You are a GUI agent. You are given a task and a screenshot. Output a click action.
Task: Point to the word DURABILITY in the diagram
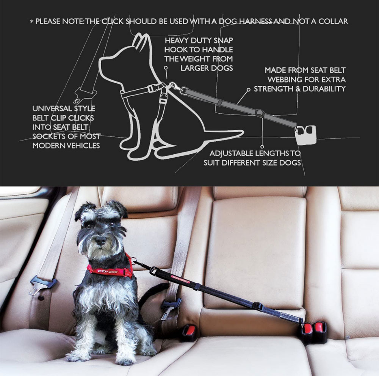[x=324, y=89]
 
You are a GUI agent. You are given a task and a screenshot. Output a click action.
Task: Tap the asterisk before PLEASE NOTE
[x=31, y=22]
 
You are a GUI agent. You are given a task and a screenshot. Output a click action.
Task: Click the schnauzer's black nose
[x=100, y=240]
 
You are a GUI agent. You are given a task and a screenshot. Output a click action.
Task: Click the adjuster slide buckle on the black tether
[x=259, y=307]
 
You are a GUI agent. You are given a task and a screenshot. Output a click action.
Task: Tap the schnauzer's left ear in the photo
[x=83, y=210]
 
